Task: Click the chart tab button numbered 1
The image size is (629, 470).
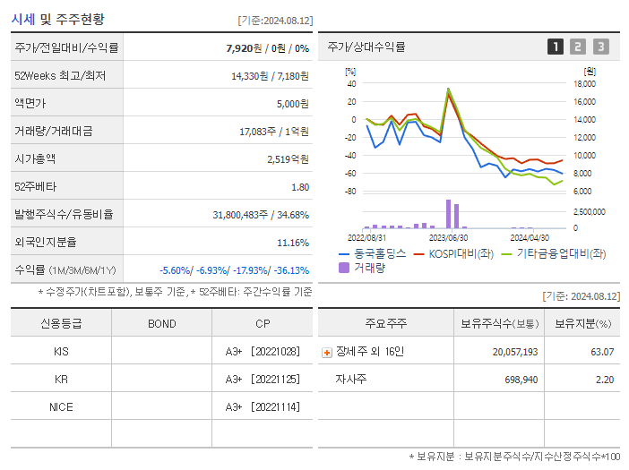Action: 556,47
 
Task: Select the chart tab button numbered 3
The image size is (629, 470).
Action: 600,47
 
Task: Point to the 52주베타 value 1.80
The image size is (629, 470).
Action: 300,187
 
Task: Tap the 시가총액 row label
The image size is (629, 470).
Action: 36,159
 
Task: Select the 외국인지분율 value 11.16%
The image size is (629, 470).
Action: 293,243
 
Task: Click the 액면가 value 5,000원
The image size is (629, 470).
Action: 292,104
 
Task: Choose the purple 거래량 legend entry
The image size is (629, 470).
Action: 362,268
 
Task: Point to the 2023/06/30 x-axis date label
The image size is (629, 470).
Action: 448,238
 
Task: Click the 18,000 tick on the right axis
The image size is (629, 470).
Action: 583,84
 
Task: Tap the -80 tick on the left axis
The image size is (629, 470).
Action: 350,192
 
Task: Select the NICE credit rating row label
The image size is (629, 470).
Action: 61,407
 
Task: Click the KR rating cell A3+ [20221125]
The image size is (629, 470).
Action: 263,380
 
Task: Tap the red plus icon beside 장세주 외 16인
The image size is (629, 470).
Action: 326,352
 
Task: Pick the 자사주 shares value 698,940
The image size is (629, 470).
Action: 515,380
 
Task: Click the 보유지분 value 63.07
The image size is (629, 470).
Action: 603,352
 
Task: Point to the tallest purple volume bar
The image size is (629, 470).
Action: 449,215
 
